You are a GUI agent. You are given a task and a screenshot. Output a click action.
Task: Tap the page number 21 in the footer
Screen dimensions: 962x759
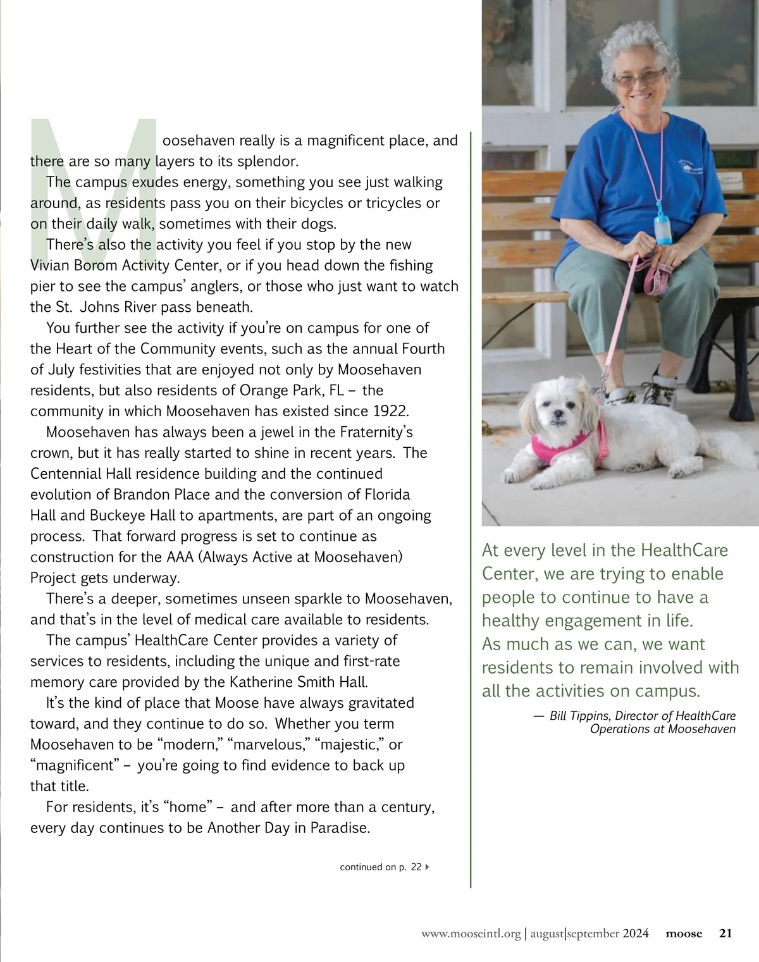725,933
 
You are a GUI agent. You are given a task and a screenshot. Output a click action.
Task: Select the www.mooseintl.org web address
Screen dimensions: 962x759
471,934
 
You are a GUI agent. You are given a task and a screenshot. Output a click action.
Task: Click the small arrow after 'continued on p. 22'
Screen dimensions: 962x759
428,866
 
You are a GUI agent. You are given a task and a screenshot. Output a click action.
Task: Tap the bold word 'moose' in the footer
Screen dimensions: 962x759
684,934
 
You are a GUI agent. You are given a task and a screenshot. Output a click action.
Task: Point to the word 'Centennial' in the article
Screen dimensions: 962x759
66,474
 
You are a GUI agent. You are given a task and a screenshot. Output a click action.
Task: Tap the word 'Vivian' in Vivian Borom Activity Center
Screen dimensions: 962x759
51,266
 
